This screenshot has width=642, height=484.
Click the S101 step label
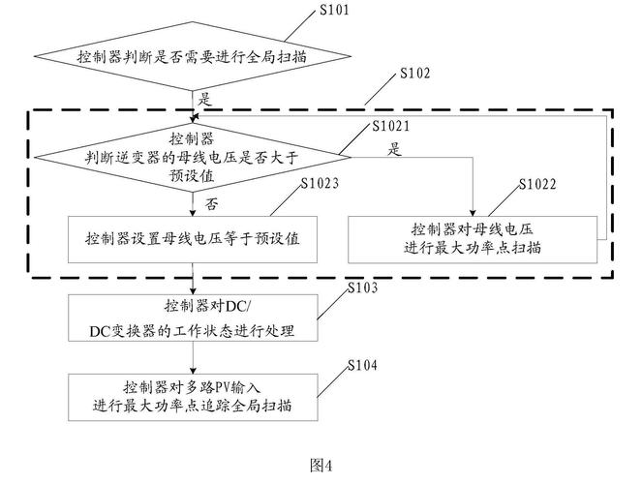click(x=334, y=10)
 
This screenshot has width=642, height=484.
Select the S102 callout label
click(x=414, y=73)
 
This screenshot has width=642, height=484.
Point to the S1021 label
click(x=390, y=126)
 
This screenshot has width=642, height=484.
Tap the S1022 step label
click(x=537, y=184)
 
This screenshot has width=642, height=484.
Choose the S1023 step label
click(x=320, y=183)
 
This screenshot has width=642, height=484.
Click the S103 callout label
click(x=362, y=287)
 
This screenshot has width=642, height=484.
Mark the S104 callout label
click(x=362, y=365)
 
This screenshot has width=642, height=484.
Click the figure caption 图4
click(x=321, y=466)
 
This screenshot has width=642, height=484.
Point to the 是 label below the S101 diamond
click(x=204, y=99)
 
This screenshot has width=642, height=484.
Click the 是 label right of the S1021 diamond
click(x=394, y=148)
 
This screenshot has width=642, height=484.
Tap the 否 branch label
click(x=211, y=203)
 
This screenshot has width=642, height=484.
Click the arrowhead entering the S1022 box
click(x=473, y=213)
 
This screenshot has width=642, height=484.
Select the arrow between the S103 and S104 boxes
click(x=193, y=357)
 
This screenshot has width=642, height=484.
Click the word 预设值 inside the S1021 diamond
click(x=192, y=176)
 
